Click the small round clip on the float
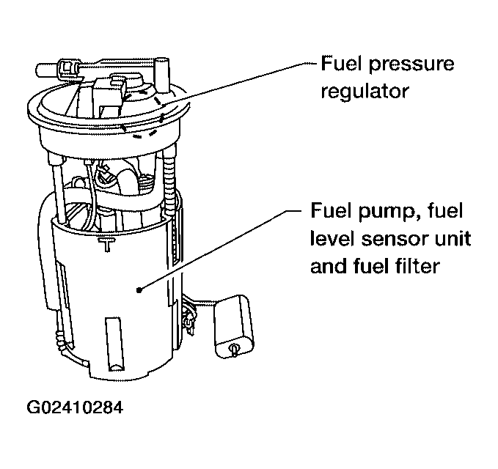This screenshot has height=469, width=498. (x=232, y=349)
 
